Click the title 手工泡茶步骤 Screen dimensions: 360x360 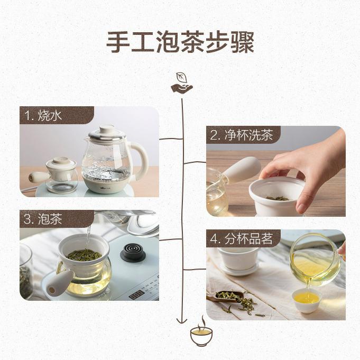pyautogui.click(x=180, y=42)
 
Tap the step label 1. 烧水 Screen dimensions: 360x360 pyautogui.click(x=43, y=115)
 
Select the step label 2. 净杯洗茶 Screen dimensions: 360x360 pyautogui.click(x=242, y=135)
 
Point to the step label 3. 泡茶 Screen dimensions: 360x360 pyautogui.click(x=43, y=219)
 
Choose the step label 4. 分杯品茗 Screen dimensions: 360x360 pyautogui.click(x=242, y=238)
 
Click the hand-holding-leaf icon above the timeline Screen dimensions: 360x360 pyautogui.click(x=182, y=83)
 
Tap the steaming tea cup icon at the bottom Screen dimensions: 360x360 pyautogui.click(x=201, y=331)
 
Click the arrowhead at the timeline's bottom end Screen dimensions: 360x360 pyautogui.click(x=182, y=320)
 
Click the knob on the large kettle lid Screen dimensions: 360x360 pyautogui.click(x=107, y=129)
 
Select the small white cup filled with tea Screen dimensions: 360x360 pyautogui.click(x=307, y=301)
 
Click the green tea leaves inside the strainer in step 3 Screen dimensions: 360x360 pyautogui.click(x=84, y=254)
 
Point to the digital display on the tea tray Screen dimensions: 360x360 pyautogui.click(x=136, y=294)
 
